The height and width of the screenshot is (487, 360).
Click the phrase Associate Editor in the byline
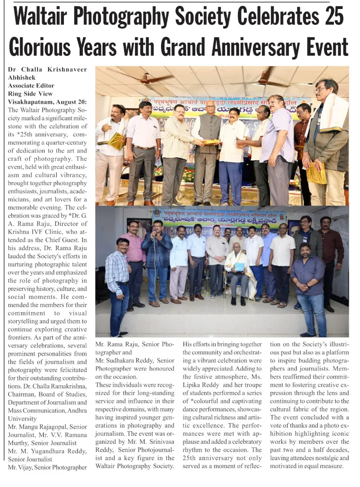[31, 86]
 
